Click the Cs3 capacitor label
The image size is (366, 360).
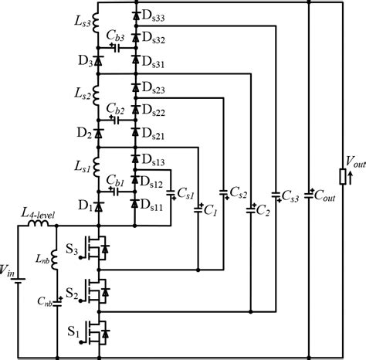coord(288,194)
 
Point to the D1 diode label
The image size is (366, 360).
coord(83,205)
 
